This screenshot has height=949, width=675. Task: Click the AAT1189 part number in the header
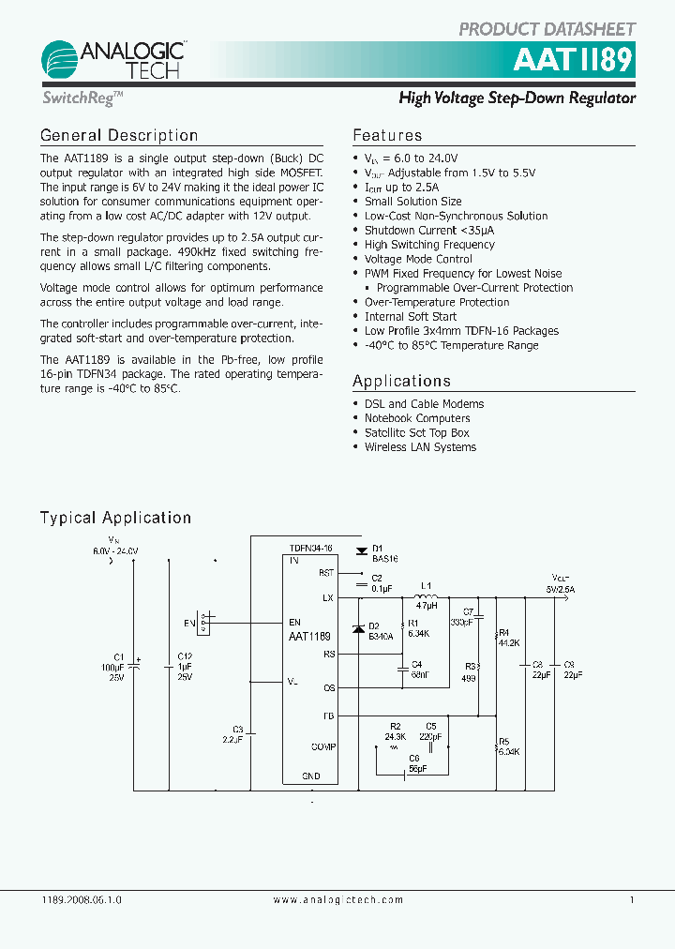pos(573,61)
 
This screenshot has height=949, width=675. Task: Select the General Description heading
pos(119,136)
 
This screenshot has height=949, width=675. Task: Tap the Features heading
pos(387,136)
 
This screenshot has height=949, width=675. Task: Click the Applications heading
pos(401,381)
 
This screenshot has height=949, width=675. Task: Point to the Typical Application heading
pos(115,518)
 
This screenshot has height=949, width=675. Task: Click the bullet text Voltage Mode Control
pos(418,259)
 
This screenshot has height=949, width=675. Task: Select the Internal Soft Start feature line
pos(411,317)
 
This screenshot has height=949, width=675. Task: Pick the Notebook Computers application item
pos(417,418)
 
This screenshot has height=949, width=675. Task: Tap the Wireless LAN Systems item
pos(420,447)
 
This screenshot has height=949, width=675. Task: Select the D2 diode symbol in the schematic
pos(357,628)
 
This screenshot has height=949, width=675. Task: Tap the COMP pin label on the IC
pos(323,747)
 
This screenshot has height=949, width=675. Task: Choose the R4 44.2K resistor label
pos(509,639)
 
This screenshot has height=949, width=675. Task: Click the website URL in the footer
pos(338,899)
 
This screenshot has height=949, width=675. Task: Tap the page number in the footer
pos(632,899)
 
